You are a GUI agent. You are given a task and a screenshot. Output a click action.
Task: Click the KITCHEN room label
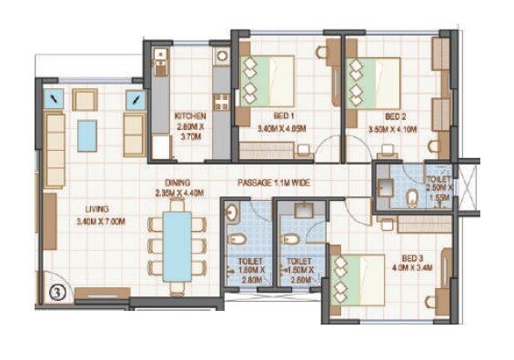(x=191, y=116)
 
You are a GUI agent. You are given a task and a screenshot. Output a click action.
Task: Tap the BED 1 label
(x=283, y=116)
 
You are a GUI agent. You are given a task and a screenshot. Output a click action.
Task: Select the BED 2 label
(x=394, y=116)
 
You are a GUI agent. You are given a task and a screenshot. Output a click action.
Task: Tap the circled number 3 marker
(x=56, y=293)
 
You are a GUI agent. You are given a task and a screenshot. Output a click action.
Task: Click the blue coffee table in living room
(x=87, y=135)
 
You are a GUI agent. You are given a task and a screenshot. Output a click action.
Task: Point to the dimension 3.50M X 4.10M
(x=394, y=130)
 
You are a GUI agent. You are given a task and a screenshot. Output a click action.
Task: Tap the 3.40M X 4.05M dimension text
(x=283, y=129)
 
